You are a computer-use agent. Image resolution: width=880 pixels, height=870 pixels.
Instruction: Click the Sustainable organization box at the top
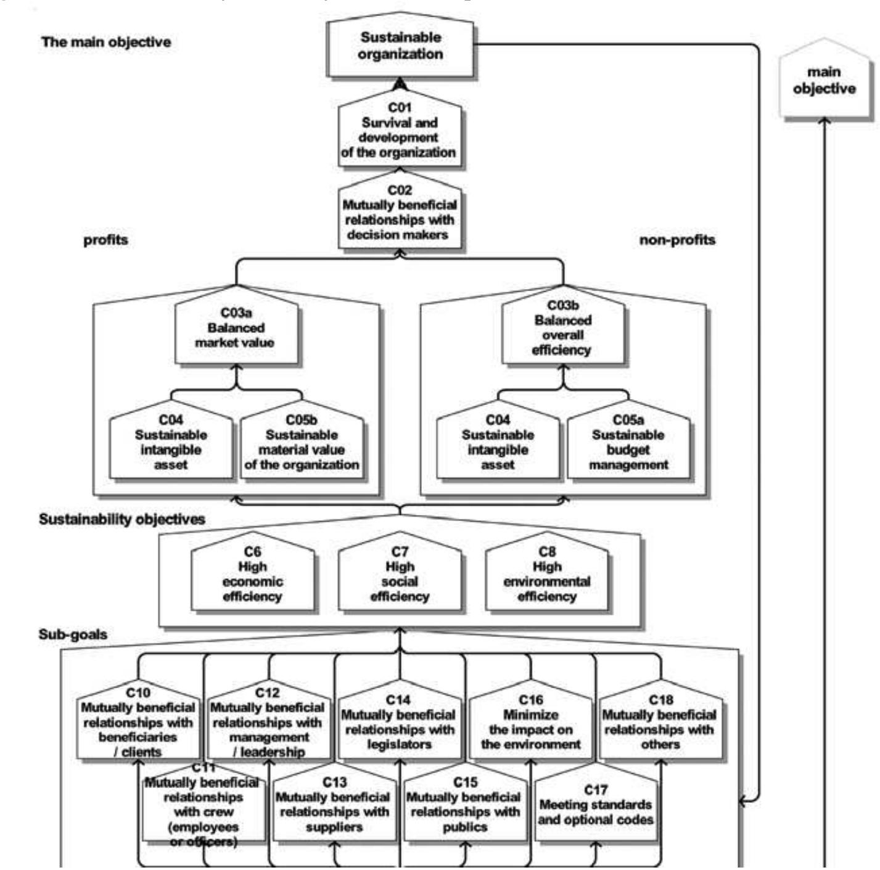400,47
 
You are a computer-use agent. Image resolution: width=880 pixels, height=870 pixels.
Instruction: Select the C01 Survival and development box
400,131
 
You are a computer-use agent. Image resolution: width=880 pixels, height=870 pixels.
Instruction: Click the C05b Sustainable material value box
302,444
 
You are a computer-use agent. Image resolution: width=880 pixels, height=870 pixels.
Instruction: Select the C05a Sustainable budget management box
628,444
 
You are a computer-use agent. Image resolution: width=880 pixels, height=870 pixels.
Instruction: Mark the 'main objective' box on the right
824,80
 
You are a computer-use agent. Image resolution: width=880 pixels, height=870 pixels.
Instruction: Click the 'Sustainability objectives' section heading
122,519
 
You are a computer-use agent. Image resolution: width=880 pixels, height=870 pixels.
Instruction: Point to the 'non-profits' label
677,240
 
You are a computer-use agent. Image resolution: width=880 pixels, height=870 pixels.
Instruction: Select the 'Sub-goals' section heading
73,634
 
